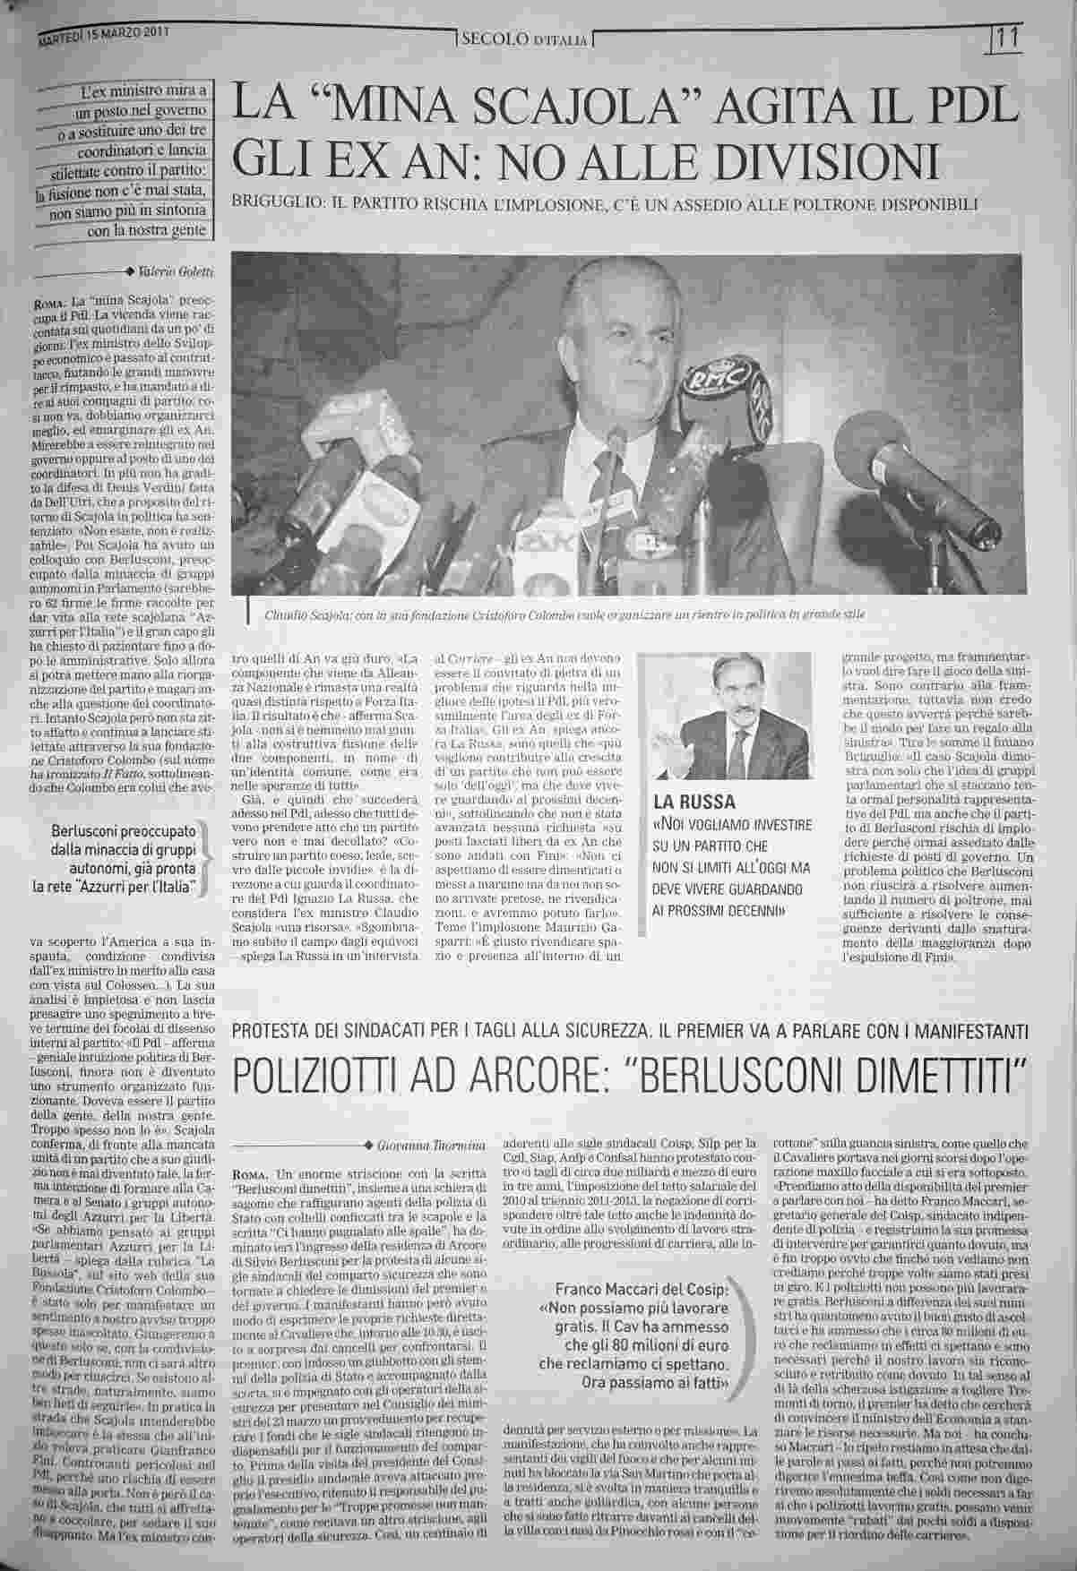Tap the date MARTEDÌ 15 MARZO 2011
[x=104, y=37]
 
